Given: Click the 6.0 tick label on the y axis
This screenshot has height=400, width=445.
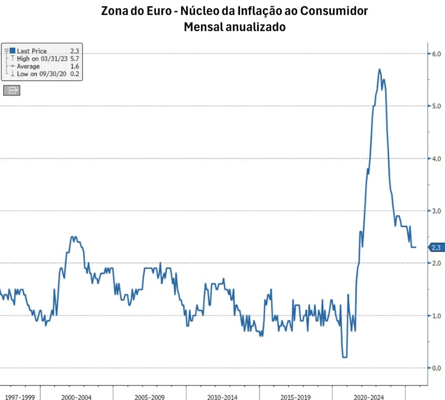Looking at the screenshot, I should click(x=436, y=54).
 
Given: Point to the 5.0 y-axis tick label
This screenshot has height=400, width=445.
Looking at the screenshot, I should click(x=436, y=106).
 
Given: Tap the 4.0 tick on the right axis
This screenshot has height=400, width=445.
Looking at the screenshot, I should click(x=436, y=159).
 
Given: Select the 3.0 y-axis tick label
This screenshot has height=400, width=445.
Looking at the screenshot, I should click(x=436, y=211).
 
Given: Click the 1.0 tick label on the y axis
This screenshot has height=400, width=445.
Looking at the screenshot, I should click(x=436, y=316).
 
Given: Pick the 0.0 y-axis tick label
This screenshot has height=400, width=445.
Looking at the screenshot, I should click(x=436, y=368).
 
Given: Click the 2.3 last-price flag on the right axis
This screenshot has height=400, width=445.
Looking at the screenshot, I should click(x=436, y=247).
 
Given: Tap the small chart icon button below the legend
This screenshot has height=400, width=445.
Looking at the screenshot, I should click(x=11, y=90).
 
